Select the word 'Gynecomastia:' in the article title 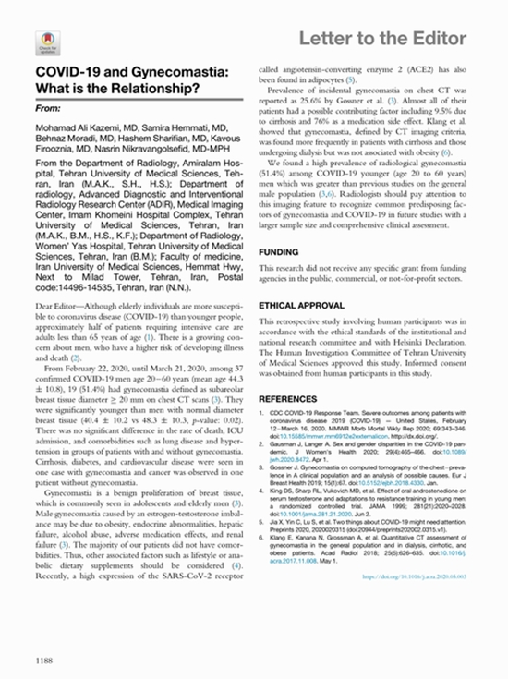177,73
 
